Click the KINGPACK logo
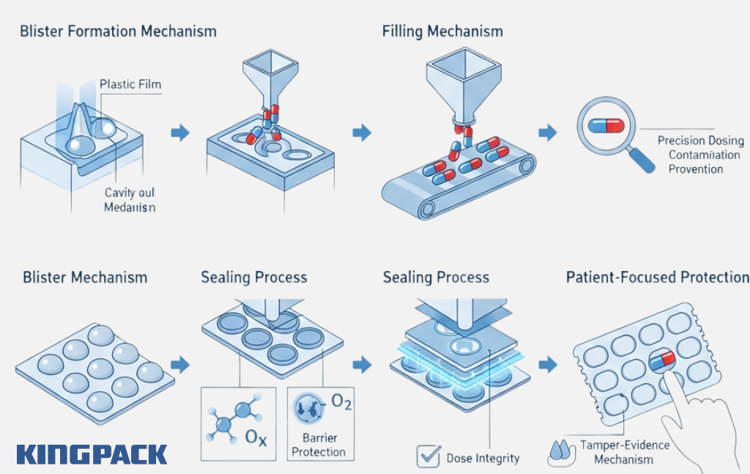92,454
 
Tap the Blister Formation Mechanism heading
118,32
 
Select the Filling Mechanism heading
442,32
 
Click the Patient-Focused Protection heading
657,278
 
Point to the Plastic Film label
130,84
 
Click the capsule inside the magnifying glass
606,126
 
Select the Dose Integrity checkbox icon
428,456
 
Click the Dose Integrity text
483,459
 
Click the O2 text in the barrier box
341,403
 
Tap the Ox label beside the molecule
256,437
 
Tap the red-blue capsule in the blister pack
661,360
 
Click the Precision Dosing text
700,141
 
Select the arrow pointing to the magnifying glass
547,133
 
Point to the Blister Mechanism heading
85,278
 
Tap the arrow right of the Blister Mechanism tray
179,364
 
